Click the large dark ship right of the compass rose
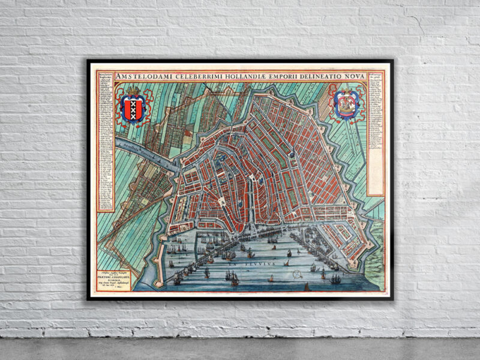(x=336, y=278)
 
